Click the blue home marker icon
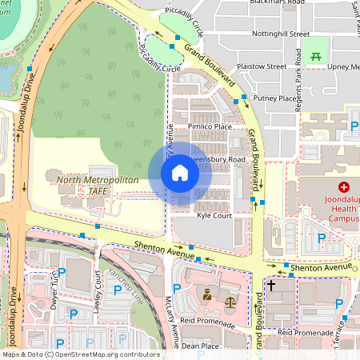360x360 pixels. point(180,173)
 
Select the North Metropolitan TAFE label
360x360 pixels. point(98,186)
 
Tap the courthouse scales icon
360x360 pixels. point(230,304)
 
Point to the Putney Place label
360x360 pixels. point(274,98)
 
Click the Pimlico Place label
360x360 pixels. point(210,126)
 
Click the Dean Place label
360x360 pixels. point(200,346)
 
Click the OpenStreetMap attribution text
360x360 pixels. point(80,354)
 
